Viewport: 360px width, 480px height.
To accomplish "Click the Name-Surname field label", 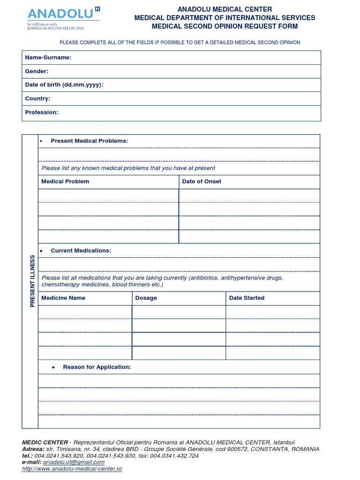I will point(48,57).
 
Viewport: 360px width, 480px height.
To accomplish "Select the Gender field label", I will point(37,71).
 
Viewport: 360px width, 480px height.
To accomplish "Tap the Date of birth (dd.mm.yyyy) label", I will point(64,85).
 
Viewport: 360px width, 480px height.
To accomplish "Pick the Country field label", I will point(37,98).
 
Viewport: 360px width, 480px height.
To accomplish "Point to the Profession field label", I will point(42,112).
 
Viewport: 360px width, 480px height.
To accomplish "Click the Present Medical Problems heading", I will point(89,141).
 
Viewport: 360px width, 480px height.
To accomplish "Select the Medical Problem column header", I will point(65,181).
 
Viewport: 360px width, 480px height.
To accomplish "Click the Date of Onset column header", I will point(202,181).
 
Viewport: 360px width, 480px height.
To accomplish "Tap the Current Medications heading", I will point(81,250).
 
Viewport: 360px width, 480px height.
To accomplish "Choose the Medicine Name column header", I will point(63,298).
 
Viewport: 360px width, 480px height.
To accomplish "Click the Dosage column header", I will point(146,298).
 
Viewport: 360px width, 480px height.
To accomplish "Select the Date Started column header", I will point(247,298).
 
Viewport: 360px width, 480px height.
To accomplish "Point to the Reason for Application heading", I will point(97,367).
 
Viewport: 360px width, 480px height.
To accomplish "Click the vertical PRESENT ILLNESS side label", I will point(32,281).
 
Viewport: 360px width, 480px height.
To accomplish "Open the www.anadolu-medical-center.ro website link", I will point(72,469).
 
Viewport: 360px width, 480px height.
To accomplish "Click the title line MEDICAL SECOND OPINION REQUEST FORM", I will point(225,26).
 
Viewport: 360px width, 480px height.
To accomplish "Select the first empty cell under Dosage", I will point(179,312).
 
